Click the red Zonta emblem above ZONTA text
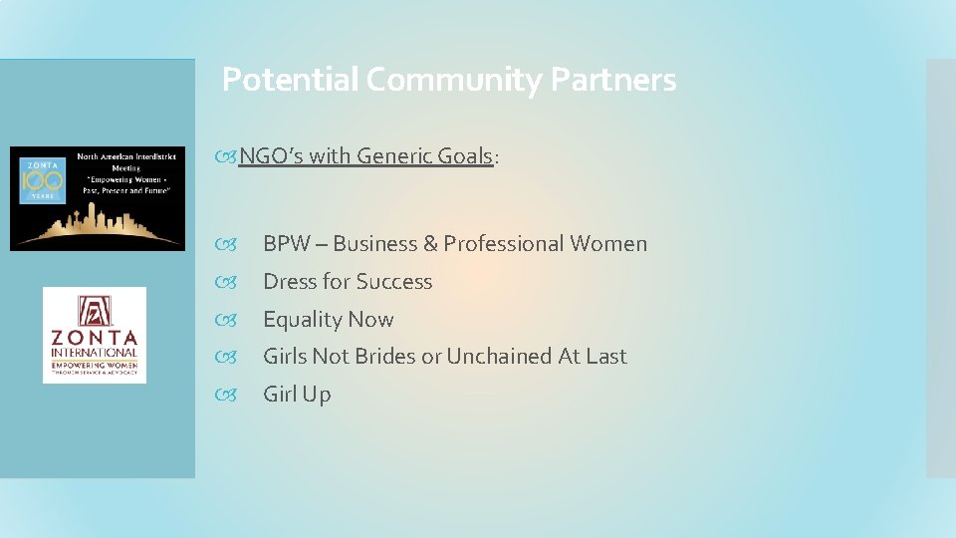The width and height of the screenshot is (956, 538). click(x=94, y=313)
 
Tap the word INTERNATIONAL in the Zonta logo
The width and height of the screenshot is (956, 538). click(x=94, y=353)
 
